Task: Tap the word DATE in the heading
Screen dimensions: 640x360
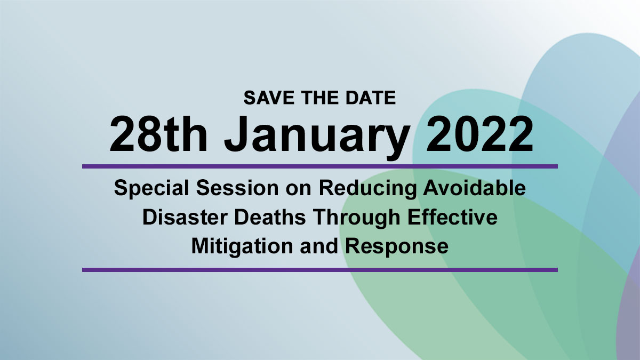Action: [371, 98]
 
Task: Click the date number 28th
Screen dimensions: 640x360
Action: [158, 134]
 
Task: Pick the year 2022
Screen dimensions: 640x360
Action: [479, 134]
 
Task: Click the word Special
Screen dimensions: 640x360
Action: [151, 189]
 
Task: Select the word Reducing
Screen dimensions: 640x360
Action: [367, 189]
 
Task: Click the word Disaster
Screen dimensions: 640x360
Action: [185, 217]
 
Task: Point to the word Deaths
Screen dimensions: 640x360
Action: [270, 217]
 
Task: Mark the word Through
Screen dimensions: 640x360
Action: [357, 218]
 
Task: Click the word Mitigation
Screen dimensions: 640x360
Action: [242, 246]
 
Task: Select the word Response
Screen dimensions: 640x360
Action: [397, 246]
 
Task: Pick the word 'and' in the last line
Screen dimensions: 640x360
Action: [319, 246]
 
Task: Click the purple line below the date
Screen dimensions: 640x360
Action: [319, 166]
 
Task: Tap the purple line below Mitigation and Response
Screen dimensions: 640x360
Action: [319, 270]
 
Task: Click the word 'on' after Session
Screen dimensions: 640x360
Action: [298, 190]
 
